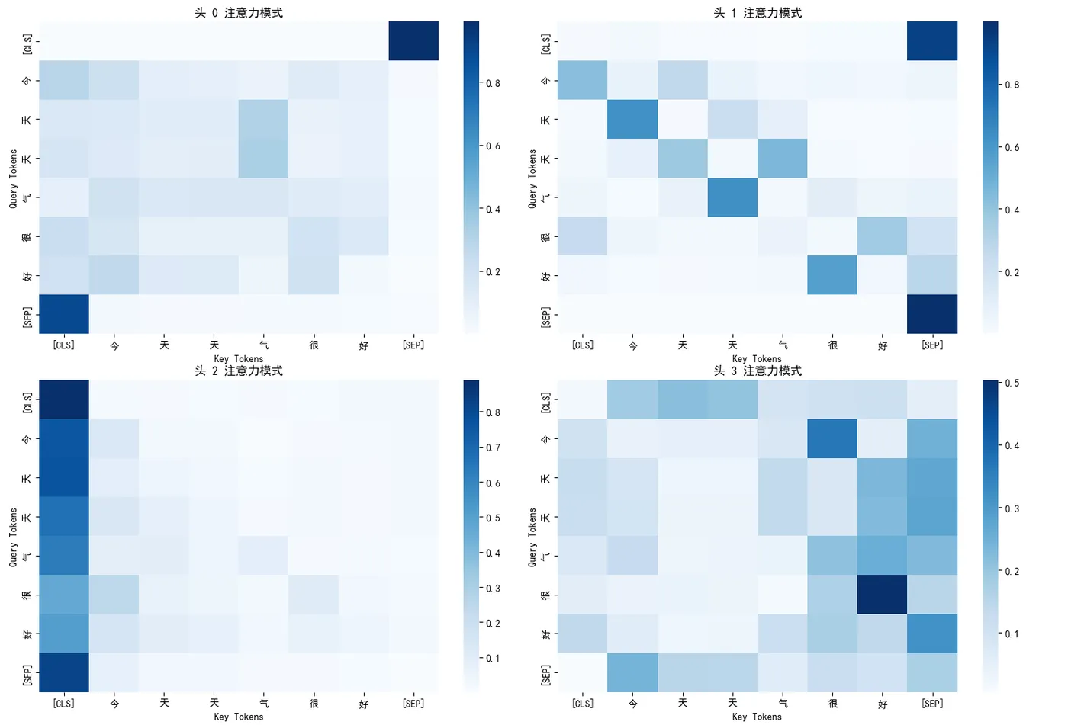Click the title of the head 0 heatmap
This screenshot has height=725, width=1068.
click(x=239, y=13)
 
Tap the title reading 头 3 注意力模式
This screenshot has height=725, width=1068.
click(x=758, y=371)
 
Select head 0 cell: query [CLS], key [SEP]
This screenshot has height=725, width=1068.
click(x=413, y=41)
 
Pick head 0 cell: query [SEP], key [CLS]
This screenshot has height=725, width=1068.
click(x=64, y=314)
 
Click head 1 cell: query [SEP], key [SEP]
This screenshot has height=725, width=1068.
click(x=932, y=314)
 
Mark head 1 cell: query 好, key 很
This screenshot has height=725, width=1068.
click(x=832, y=275)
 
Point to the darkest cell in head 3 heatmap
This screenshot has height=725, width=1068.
click(x=882, y=595)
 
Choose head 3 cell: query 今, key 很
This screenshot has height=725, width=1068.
click(x=832, y=438)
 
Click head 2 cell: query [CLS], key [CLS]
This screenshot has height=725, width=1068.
click(x=64, y=399)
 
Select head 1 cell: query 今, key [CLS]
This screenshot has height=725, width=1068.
click(x=582, y=80)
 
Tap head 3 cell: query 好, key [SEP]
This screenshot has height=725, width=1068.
click(x=932, y=634)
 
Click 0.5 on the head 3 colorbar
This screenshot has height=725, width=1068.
click(x=1012, y=383)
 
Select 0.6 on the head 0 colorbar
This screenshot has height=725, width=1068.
click(x=493, y=146)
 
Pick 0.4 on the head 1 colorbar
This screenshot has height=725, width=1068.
click(x=1012, y=210)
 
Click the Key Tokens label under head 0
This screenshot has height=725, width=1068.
click(x=239, y=358)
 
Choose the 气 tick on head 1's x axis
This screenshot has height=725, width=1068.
click(x=783, y=345)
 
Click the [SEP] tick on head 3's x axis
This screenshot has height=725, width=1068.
click(x=932, y=704)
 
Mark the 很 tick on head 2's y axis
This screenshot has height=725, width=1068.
click(x=27, y=595)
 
